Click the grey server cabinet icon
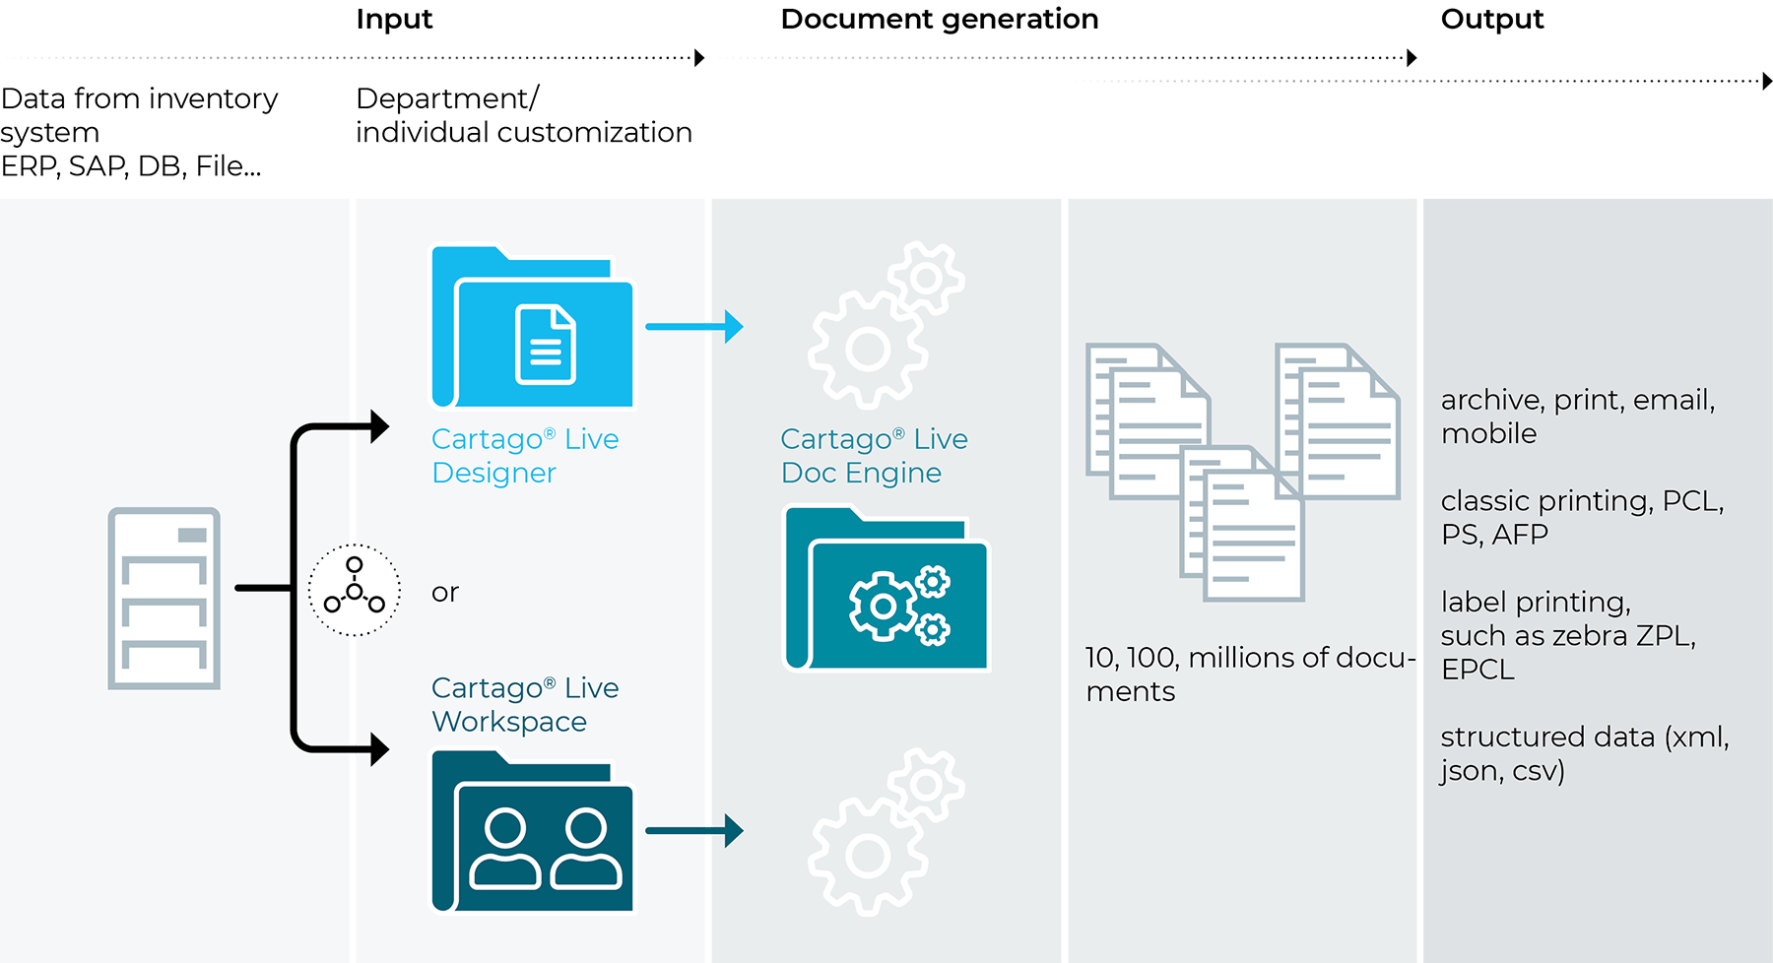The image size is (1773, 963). (x=164, y=598)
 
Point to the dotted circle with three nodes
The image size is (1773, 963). (x=355, y=589)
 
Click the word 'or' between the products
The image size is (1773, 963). (x=445, y=593)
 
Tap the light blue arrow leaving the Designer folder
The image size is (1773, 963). (x=694, y=326)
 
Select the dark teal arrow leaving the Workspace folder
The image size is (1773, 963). (x=694, y=831)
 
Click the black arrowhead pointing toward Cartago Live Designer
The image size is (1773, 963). (x=376, y=426)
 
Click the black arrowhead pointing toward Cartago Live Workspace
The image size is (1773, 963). (x=376, y=749)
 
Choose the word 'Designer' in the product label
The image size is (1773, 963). (x=493, y=474)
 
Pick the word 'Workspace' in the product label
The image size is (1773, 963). (x=509, y=722)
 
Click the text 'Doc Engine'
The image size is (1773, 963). (x=861, y=474)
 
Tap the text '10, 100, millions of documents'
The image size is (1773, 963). (x=1249, y=674)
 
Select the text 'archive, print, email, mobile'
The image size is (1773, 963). (x=1577, y=417)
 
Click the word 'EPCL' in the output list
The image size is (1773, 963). (x=1477, y=670)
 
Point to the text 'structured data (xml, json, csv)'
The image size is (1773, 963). (x=1584, y=753)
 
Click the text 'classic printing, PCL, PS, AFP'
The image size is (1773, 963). (x=1581, y=517)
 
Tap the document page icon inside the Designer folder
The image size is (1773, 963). (x=546, y=345)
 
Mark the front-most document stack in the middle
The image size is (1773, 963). (x=1243, y=527)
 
